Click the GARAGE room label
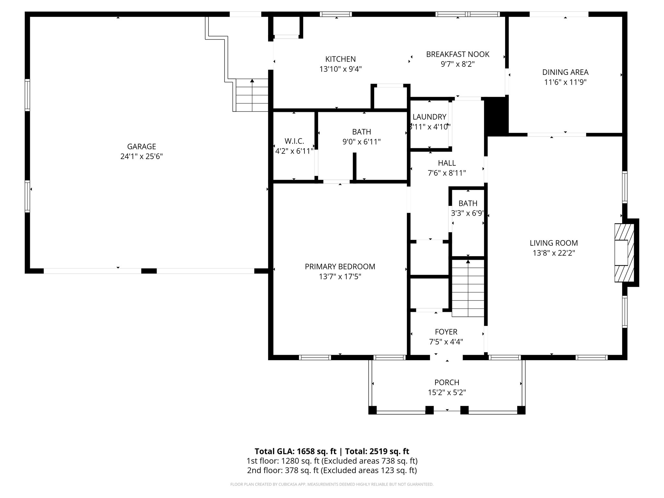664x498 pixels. click(x=141, y=147)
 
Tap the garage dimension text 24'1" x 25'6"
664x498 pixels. click(x=141, y=157)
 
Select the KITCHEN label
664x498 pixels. click(x=340, y=59)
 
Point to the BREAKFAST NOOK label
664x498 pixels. click(x=457, y=54)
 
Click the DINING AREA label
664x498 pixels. click(x=565, y=72)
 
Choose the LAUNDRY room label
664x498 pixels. click(x=429, y=117)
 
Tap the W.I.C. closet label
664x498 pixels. click(x=294, y=141)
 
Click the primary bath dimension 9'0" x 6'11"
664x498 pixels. click(x=362, y=142)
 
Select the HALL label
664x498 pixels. click(x=447, y=163)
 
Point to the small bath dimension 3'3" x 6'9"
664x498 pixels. click(x=468, y=213)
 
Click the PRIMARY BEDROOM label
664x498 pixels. click(x=340, y=267)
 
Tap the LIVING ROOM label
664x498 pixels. click(x=554, y=243)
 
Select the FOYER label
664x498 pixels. click(x=446, y=332)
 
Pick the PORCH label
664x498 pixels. click(x=447, y=382)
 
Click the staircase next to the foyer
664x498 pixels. click(x=468, y=289)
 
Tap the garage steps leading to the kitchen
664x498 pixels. click(x=252, y=95)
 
